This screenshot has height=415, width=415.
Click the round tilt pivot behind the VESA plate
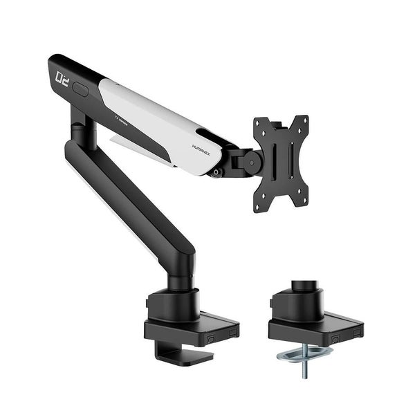[x=252, y=163]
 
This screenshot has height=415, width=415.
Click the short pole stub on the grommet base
[x=304, y=288]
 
